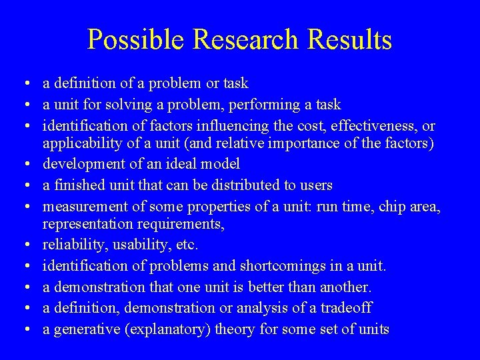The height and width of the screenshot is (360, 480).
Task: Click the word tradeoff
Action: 347,308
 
